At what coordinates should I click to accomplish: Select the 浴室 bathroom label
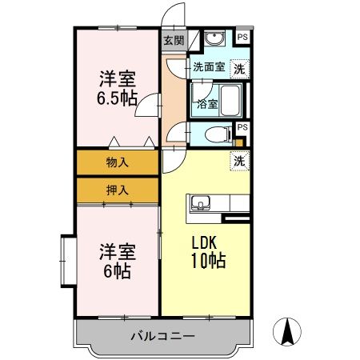click(x=206, y=103)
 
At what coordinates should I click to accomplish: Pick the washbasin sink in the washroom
click(x=214, y=41)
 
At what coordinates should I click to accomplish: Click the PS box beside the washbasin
click(x=242, y=37)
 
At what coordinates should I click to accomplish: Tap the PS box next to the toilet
click(x=242, y=127)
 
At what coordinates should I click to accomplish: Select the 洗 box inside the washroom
click(x=239, y=69)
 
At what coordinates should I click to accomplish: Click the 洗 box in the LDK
click(x=239, y=160)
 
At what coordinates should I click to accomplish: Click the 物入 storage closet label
click(x=117, y=162)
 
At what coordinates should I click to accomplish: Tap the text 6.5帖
click(x=117, y=98)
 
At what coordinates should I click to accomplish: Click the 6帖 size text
click(x=117, y=270)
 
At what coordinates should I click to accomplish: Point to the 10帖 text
click(x=206, y=261)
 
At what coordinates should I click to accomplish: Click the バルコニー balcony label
click(x=162, y=336)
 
